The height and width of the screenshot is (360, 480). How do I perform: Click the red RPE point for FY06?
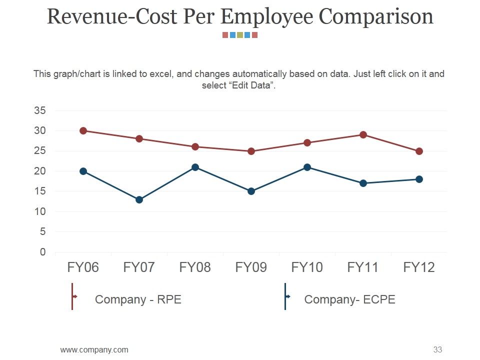[83, 130]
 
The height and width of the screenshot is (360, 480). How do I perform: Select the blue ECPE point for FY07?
[139, 199]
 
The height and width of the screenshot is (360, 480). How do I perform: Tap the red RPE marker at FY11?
[363, 134]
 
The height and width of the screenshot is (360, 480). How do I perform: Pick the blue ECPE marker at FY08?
[195, 167]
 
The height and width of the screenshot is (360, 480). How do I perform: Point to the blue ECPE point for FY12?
[419, 179]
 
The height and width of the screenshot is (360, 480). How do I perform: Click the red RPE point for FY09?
[251, 151]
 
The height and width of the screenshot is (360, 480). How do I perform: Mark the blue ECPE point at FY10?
[307, 167]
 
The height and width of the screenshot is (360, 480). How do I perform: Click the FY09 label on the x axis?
[251, 267]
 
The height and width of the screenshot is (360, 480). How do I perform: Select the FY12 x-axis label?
[419, 267]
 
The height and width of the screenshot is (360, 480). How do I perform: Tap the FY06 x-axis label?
[83, 267]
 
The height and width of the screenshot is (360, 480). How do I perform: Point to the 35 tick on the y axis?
[40, 110]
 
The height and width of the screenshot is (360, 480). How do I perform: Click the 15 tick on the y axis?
[40, 191]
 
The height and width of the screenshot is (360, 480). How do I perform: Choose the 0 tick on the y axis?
[43, 252]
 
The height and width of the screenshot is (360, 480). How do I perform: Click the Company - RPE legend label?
[138, 299]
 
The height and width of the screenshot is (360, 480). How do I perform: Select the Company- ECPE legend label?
[349, 299]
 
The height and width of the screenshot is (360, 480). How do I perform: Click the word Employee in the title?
[266, 16]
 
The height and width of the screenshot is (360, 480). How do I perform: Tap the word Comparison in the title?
[376, 16]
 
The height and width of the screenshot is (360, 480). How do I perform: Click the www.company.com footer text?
[94, 349]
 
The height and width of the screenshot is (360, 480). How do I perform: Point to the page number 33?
[438, 349]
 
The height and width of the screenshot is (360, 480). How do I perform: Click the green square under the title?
[240, 35]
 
